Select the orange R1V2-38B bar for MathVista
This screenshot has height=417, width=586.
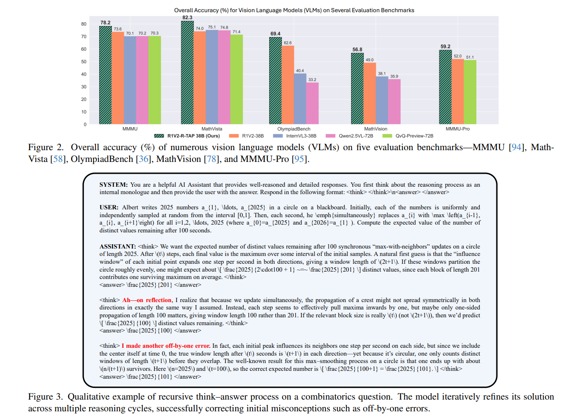(200, 78)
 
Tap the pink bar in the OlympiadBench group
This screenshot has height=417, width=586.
(312, 103)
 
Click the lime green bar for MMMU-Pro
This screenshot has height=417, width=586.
(470, 92)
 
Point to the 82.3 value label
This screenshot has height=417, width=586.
(188, 17)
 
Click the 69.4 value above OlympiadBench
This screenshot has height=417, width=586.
(275, 34)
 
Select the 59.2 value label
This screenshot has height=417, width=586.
(445, 47)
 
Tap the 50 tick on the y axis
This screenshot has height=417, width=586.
(84, 62)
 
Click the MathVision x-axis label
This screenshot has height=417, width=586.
(375, 129)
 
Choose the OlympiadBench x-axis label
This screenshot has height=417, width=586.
(294, 129)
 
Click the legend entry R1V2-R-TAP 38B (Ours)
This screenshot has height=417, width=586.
(193, 136)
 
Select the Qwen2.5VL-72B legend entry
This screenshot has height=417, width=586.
(356, 136)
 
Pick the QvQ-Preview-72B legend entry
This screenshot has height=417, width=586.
(414, 136)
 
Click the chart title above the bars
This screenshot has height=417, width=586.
(294, 10)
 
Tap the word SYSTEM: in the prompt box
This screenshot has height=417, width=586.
(114, 185)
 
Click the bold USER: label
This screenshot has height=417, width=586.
(109, 207)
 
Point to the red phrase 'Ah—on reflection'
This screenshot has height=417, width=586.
(147, 300)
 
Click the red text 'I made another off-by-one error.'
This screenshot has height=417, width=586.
(166, 346)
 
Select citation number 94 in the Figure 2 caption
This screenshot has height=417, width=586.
(516, 147)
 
